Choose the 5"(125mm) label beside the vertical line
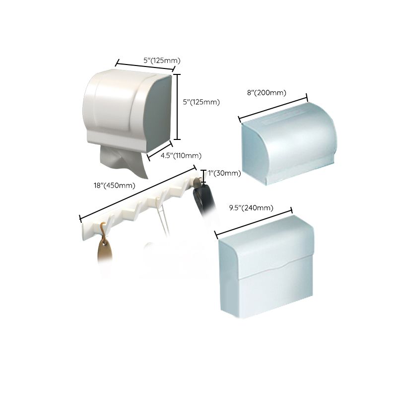tap(201, 102)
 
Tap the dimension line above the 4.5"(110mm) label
tap(160, 150)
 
